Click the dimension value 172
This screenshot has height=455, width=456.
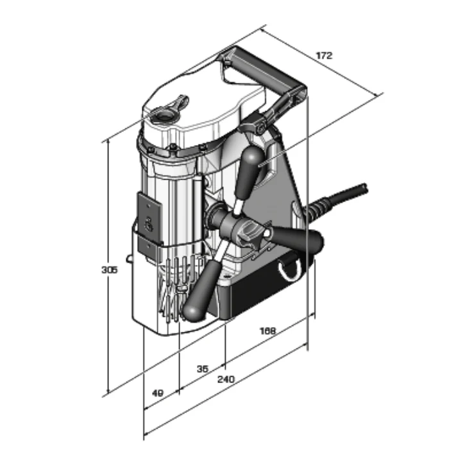point(324,55)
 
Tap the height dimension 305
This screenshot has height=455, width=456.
point(109,270)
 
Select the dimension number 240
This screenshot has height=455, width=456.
point(226,379)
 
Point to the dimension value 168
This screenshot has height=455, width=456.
point(267,331)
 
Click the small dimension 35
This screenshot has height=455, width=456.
point(203,369)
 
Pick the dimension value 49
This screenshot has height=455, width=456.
point(158,393)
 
